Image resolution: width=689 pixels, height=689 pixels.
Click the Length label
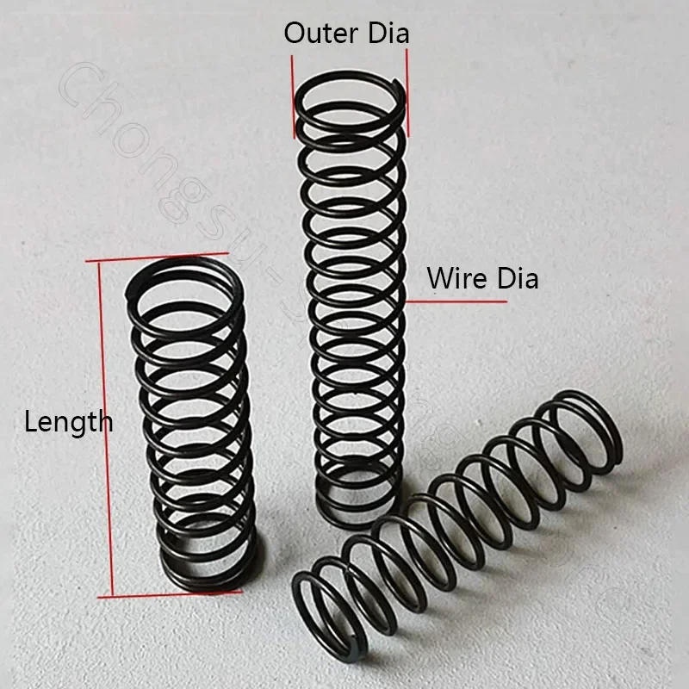click(x=68, y=422)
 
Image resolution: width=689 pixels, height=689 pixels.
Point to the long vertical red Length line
click(x=103, y=431)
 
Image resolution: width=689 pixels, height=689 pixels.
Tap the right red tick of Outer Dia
click(x=407, y=90)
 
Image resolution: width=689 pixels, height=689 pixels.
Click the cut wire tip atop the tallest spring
click(x=394, y=84)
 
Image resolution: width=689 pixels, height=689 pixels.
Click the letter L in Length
click(x=29, y=422)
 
